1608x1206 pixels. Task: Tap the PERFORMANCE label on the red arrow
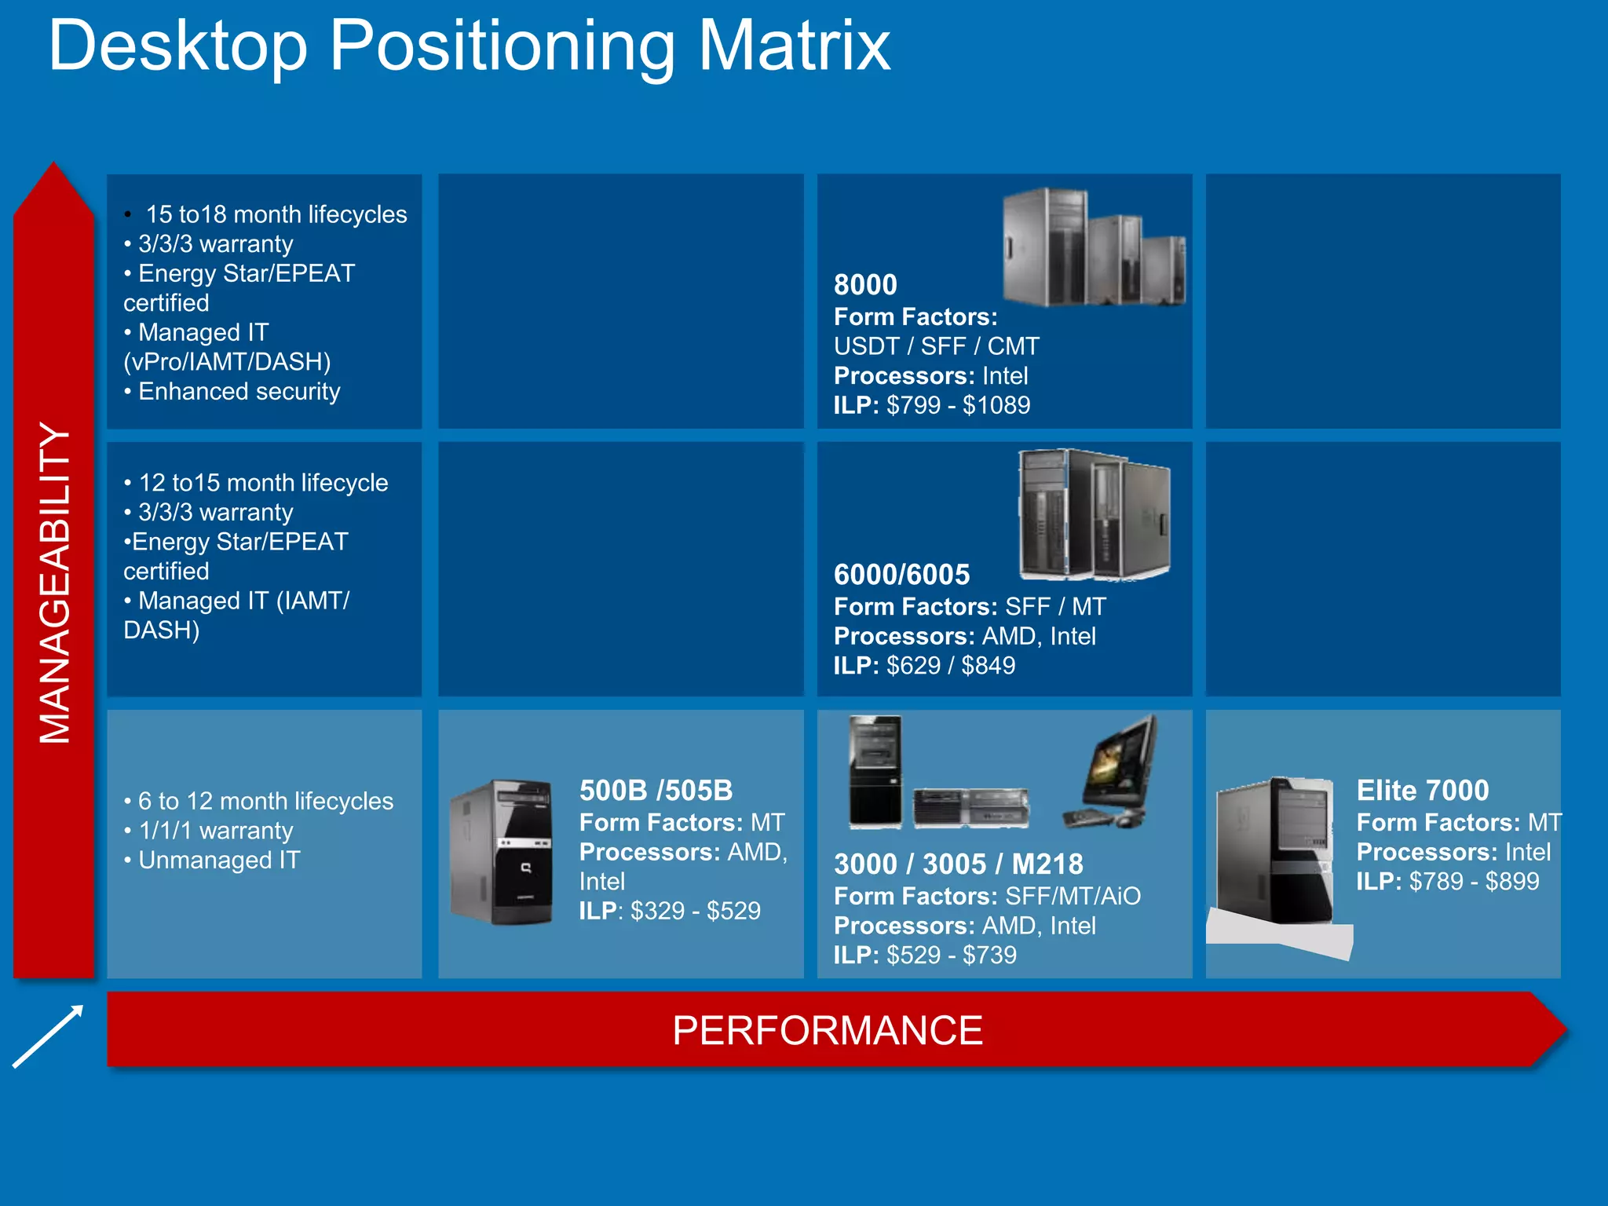tap(827, 1030)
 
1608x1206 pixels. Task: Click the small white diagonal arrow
tap(48, 1036)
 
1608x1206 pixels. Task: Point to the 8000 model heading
tap(865, 284)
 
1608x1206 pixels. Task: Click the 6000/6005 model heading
tap(901, 575)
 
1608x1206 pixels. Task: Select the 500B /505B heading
tap(656, 791)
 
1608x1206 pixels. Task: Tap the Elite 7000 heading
tap(1422, 791)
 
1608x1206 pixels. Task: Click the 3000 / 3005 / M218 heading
tap(958, 864)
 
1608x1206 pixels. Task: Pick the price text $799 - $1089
tap(958, 405)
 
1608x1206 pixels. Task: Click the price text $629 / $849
tap(950, 666)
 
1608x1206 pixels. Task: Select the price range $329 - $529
tap(695, 911)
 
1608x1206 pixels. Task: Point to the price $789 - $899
tap(1474, 881)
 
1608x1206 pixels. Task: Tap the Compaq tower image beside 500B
tap(501, 852)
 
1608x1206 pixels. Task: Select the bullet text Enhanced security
tap(239, 391)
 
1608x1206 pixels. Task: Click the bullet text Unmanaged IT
tap(218, 860)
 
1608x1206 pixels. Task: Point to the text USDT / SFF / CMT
tap(936, 346)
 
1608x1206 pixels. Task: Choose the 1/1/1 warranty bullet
tap(215, 831)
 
